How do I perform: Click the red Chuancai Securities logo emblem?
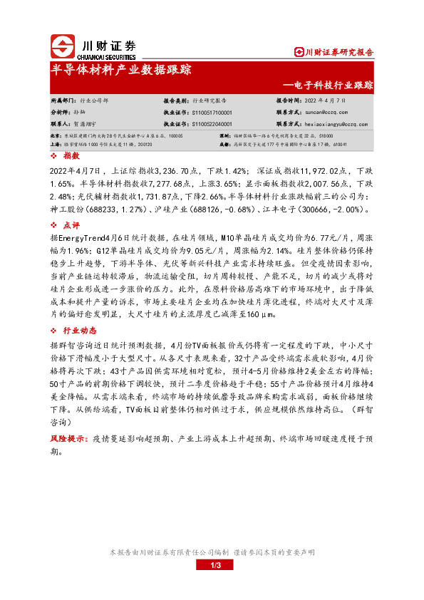click(x=63, y=47)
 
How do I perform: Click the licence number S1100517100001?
click(x=212, y=112)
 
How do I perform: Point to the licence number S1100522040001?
click(x=212, y=123)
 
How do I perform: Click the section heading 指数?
click(x=70, y=155)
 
